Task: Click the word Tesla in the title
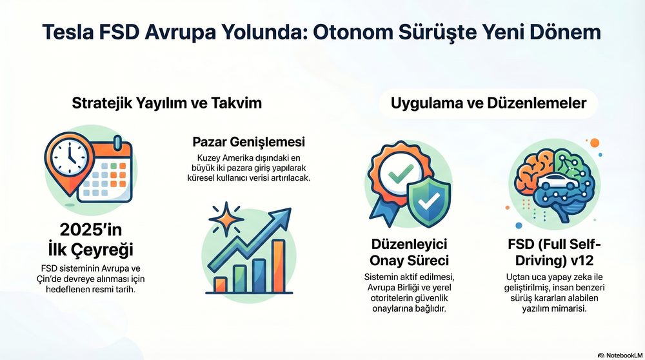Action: [68, 32]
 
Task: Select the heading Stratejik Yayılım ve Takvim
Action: [166, 103]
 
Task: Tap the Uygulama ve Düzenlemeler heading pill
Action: [488, 103]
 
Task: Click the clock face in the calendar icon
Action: [69, 158]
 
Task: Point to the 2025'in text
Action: [91, 230]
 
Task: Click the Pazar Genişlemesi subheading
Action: [249, 142]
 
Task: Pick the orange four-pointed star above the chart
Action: [226, 219]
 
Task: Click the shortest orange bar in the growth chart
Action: [220, 285]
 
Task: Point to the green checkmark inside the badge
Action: [401, 173]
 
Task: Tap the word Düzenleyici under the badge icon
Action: [409, 244]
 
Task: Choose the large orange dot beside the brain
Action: [595, 143]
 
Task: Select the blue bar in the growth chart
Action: [259, 275]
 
